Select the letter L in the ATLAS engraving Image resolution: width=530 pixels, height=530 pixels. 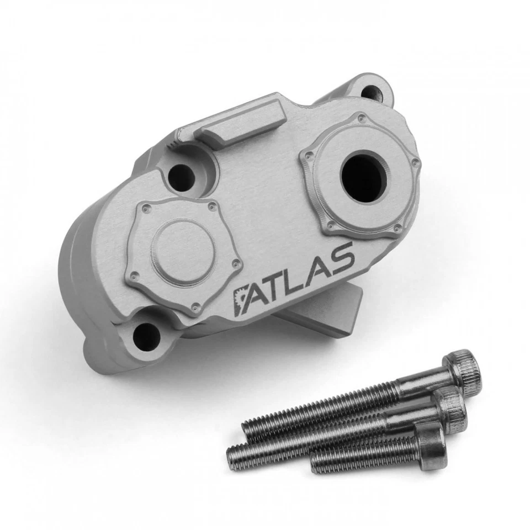[298, 274]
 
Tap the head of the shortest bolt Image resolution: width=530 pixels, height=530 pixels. [433, 447]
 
